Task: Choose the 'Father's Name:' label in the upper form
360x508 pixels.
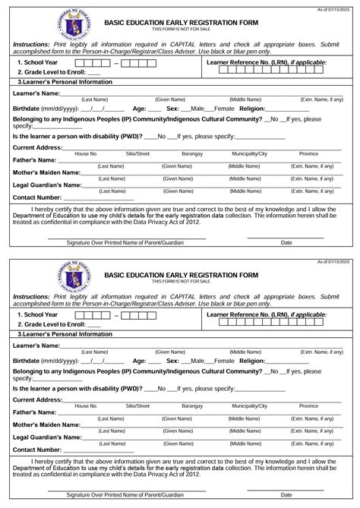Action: tap(35, 160)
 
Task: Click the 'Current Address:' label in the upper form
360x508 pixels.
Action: tap(38, 147)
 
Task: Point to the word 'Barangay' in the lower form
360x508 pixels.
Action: tap(193, 407)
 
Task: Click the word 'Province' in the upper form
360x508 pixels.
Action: tap(308, 153)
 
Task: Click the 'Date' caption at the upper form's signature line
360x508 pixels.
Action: tap(286, 242)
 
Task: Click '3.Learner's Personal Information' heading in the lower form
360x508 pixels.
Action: tap(64, 333)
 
